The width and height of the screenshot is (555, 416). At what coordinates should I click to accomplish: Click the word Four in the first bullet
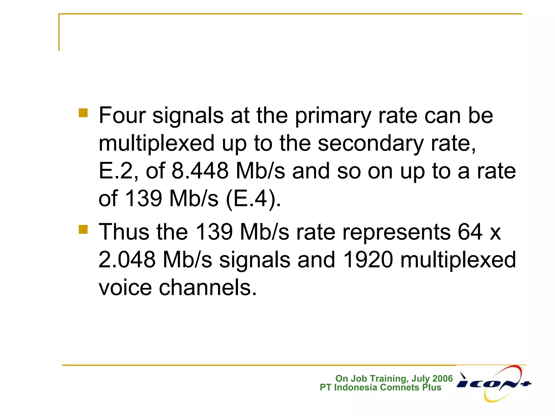pyautogui.click(x=122, y=116)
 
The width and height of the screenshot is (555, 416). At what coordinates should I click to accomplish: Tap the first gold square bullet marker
pyautogui.click(x=83, y=113)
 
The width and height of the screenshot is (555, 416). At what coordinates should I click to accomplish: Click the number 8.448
pyautogui.click(x=200, y=171)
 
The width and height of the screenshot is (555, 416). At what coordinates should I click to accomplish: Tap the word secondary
pyautogui.click(x=370, y=144)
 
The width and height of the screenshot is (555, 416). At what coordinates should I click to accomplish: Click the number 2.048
pyautogui.click(x=127, y=260)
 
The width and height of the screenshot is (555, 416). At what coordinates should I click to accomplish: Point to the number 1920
pyautogui.click(x=367, y=260)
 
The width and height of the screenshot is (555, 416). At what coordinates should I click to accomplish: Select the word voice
pyautogui.click(x=125, y=287)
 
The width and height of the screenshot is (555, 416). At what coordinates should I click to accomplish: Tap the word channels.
pyautogui.click(x=208, y=287)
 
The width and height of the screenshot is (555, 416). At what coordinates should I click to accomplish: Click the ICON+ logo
pyautogui.click(x=494, y=383)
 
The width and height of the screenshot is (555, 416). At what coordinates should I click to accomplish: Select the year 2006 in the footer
pyautogui.click(x=443, y=378)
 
